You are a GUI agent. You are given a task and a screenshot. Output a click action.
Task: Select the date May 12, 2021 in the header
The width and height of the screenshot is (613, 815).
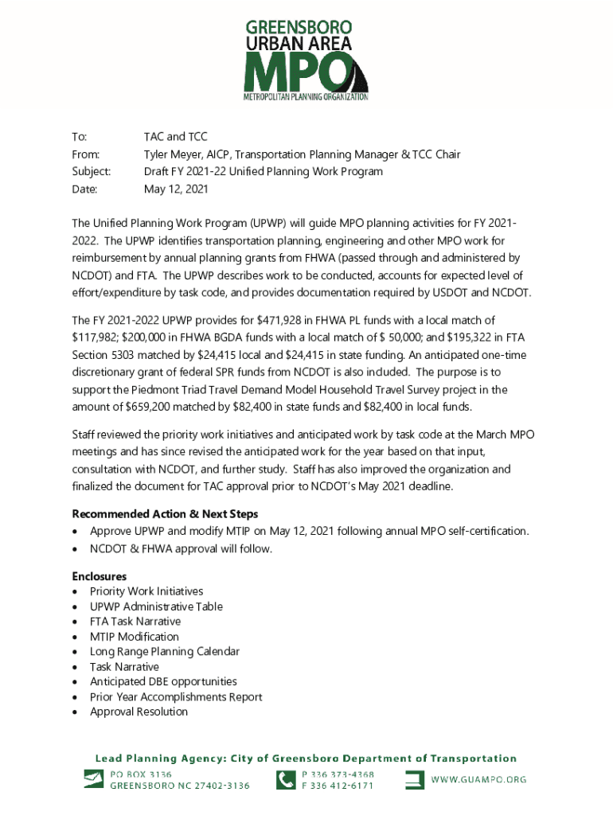point(175,189)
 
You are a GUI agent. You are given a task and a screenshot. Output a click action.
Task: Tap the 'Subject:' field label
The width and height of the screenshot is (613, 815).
point(92,172)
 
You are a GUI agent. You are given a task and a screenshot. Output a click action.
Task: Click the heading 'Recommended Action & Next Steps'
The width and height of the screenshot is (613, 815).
point(165,514)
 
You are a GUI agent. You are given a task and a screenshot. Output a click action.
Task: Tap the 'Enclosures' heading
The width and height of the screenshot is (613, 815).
point(100,576)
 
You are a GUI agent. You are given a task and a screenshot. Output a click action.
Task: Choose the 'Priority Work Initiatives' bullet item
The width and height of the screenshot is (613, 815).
point(146,591)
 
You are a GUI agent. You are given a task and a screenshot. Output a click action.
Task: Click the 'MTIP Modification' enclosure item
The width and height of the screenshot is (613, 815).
point(135,637)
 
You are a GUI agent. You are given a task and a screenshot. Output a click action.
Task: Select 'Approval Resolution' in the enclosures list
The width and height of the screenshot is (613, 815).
point(139,712)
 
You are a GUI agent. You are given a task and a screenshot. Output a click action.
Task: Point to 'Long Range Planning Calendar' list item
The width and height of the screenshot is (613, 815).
point(165,652)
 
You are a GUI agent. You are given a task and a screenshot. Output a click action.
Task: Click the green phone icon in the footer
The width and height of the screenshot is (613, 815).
point(285,779)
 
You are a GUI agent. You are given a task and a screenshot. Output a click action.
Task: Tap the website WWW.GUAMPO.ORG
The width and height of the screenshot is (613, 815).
point(479,780)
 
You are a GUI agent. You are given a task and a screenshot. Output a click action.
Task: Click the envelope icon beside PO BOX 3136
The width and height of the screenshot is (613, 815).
point(92,779)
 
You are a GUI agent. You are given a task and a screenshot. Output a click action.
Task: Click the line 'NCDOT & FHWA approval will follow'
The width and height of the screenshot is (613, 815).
point(182,549)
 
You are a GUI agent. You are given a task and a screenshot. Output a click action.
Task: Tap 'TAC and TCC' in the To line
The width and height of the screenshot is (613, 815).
point(175,137)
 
